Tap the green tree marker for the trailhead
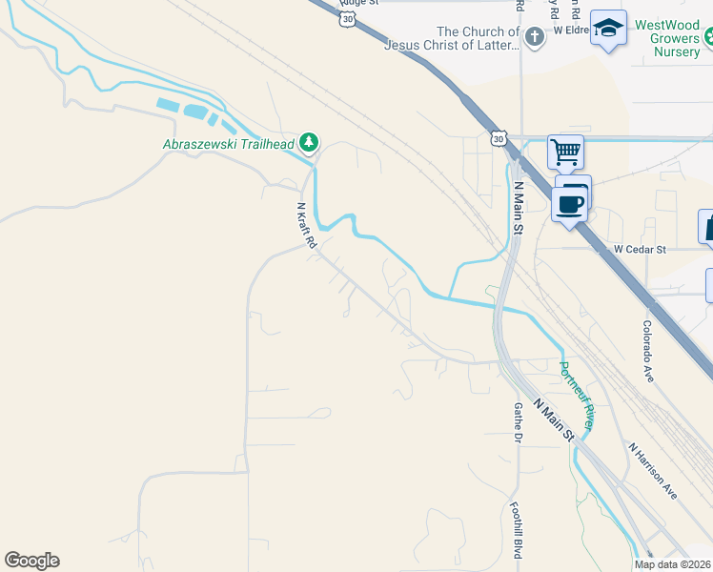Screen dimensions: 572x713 pos(308,143)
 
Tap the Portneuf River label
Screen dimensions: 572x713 pos(576,395)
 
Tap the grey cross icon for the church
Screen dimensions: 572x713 pos(535,37)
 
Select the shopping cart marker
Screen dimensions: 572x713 pos(565,151)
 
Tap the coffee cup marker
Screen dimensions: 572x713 pos(570,203)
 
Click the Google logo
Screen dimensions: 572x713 pos(31,561)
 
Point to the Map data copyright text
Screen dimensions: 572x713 pos(673,564)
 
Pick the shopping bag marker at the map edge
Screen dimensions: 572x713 pos(707,227)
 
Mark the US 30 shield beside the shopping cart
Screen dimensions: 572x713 pos(499,139)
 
